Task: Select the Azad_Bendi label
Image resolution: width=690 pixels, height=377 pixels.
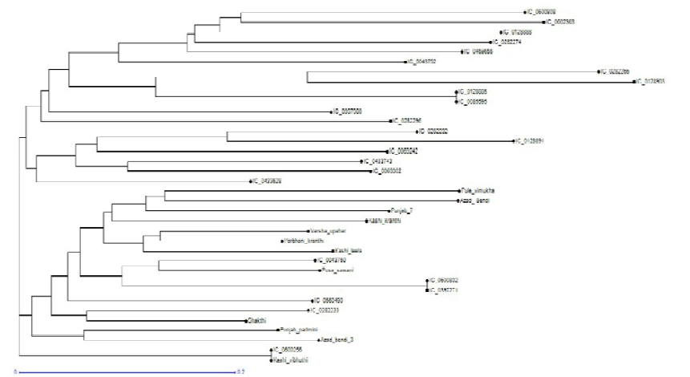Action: pos(475,201)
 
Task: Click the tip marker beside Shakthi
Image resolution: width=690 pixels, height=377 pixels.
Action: pos(245,320)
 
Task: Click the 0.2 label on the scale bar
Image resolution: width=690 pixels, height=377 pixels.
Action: pos(240,372)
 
